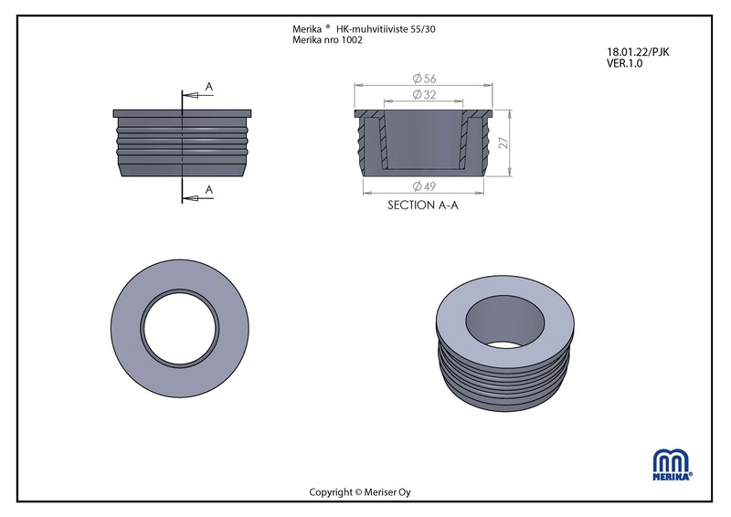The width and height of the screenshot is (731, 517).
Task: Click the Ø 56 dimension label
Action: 424,79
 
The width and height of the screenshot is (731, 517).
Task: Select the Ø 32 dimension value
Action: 424,95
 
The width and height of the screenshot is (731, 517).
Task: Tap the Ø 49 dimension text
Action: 424,186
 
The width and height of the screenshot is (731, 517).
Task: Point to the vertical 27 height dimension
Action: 503,142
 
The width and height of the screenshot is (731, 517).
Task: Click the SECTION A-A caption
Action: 423,206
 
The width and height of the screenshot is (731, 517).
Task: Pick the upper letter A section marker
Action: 209,86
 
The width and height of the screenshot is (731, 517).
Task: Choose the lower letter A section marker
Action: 209,190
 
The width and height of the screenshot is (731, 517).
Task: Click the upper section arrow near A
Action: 197,96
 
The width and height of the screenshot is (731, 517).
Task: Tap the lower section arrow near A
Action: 197,198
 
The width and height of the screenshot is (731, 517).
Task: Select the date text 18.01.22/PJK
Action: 638,52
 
